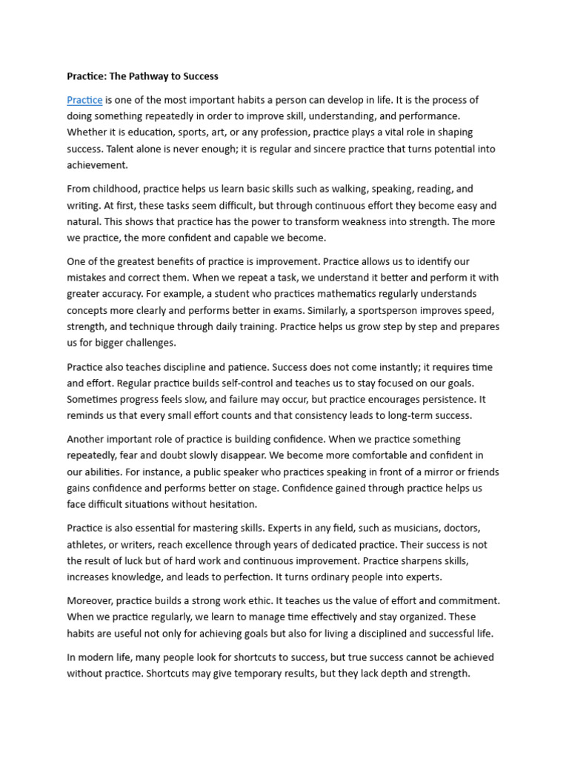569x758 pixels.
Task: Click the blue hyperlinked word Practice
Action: [84, 100]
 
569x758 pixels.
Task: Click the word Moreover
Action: [92, 601]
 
